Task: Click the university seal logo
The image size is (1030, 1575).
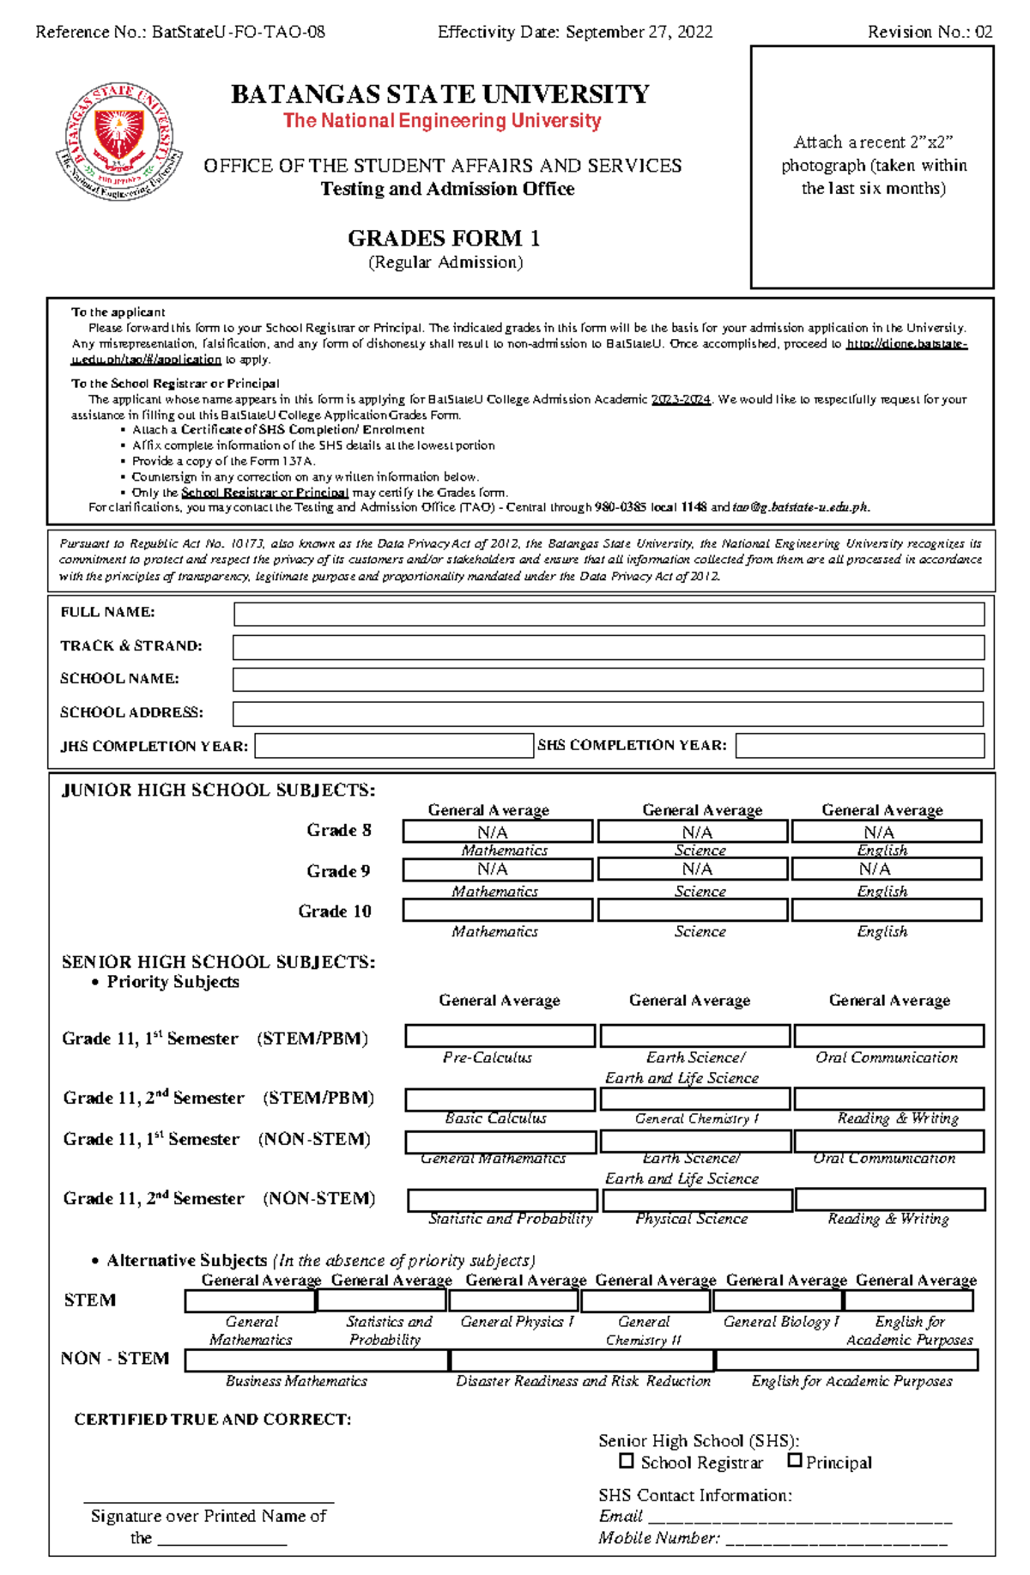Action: coord(119,142)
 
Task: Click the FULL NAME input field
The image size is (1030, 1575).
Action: coord(609,614)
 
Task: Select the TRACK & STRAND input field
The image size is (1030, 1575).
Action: coord(609,647)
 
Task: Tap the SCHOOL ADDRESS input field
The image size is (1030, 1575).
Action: coord(609,713)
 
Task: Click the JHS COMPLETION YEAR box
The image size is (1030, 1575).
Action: coord(394,746)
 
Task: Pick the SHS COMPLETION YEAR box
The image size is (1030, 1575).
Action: coord(859,746)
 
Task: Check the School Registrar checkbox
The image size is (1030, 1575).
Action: coord(627,1461)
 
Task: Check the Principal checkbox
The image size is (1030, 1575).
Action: coord(795,1461)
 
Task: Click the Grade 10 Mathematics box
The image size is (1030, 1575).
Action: coord(497,910)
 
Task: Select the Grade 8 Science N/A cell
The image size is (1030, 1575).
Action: coord(693,832)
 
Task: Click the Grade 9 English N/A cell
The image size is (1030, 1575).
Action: coord(887,869)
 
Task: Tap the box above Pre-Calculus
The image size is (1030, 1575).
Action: coord(500,1036)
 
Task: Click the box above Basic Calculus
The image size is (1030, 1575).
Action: coord(500,1099)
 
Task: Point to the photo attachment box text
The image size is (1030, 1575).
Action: coord(873,165)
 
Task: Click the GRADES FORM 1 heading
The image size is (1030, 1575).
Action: coord(444,238)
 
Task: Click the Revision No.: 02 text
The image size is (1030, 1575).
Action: coord(930,33)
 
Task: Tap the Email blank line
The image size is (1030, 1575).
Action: coord(800,1517)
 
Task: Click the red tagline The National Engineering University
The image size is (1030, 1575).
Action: coord(442,121)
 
